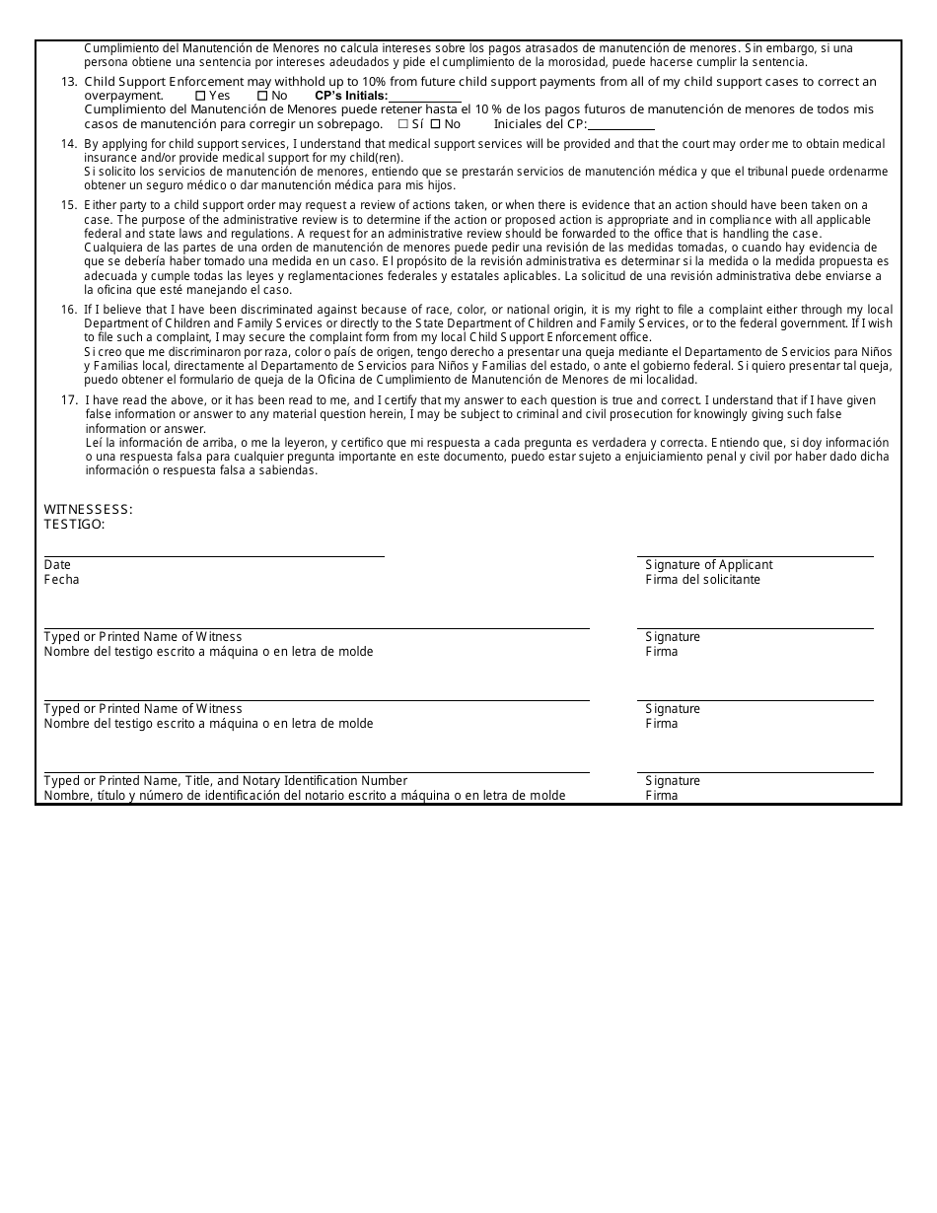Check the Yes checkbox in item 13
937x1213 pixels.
(x=200, y=96)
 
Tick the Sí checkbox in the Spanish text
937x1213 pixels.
(x=402, y=124)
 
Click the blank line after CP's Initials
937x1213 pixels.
(x=425, y=98)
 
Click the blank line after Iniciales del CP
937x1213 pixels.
(x=621, y=126)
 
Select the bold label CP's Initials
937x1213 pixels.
(x=351, y=96)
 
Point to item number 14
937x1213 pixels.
(x=69, y=144)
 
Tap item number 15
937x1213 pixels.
(x=69, y=205)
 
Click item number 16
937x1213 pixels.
(x=69, y=310)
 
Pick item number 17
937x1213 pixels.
(x=69, y=400)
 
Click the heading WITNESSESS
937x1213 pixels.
(x=88, y=510)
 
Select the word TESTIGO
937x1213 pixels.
(x=74, y=525)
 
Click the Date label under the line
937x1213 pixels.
(x=57, y=565)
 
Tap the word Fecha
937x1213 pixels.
(x=61, y=580)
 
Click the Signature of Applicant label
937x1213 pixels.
(x=708, y=565)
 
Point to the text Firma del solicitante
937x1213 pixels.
(x=702, y=580)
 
